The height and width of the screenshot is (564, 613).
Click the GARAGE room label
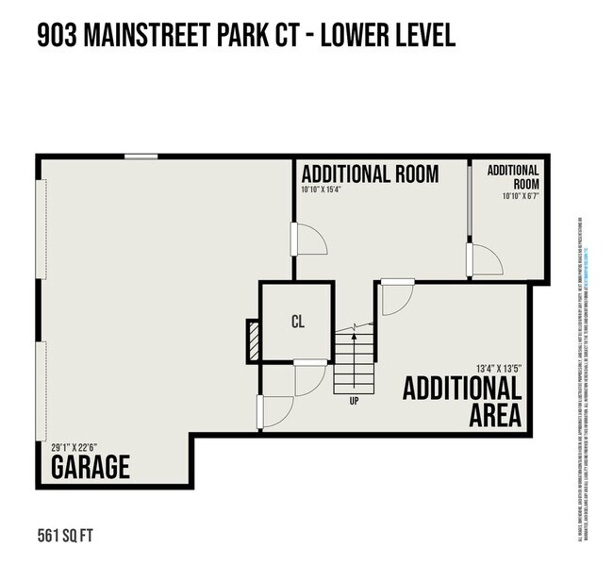[90, 467]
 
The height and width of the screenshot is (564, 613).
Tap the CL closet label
[298, 322]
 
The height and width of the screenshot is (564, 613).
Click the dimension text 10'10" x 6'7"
[521, 197]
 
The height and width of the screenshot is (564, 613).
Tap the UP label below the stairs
[354, 401]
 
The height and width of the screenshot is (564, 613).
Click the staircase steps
[354, 363]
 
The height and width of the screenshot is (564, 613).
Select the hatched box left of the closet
[253, 340]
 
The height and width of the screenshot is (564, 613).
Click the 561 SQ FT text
[66, 537]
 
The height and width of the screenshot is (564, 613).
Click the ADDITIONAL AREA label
[463, 402]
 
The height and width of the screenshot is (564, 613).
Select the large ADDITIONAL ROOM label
[370, 174]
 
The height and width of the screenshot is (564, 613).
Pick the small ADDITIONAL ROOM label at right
[514, 177]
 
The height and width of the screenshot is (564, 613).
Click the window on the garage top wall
[141, 157]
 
